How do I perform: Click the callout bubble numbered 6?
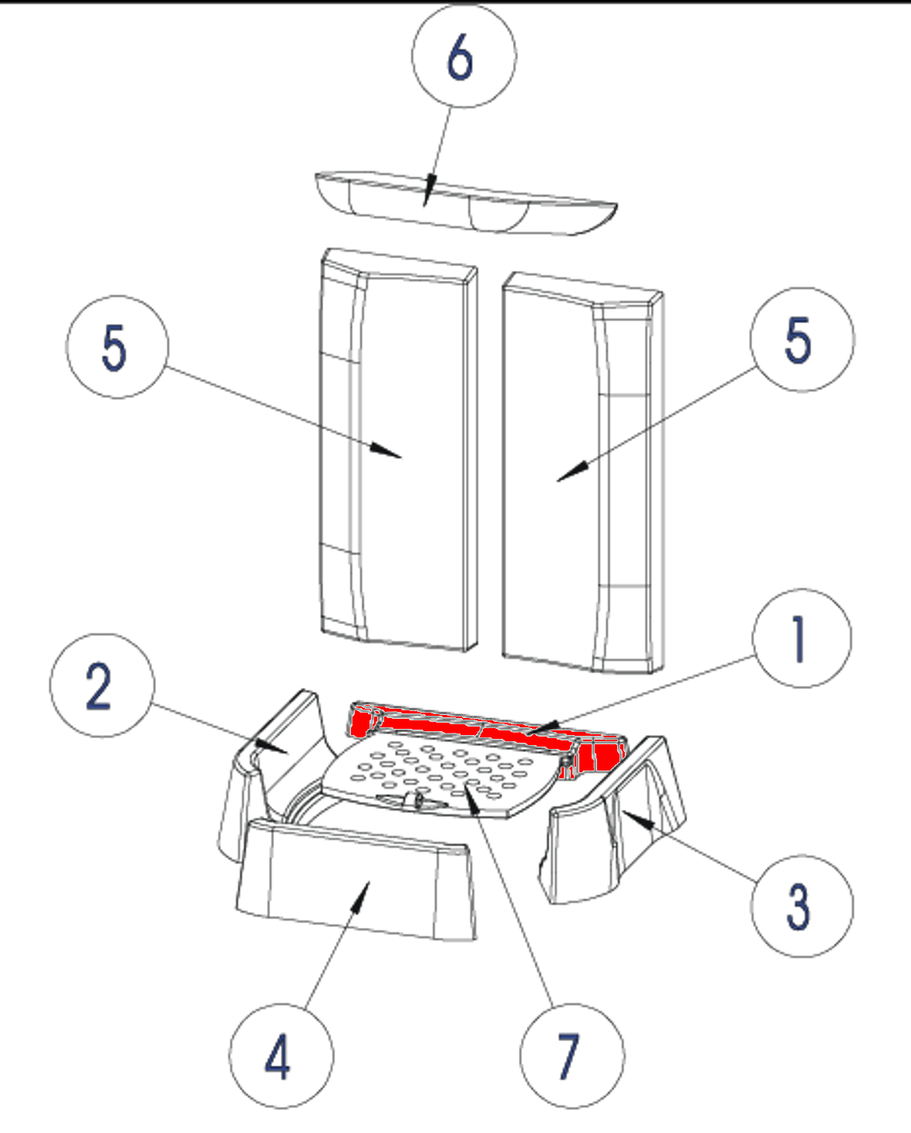464,56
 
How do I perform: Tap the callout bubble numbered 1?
802,638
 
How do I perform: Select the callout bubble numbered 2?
102,686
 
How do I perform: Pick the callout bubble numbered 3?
802,905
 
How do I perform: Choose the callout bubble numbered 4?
281,1056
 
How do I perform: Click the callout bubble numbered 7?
572,1056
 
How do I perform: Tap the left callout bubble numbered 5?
116,347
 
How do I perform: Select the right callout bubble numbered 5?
802,339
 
